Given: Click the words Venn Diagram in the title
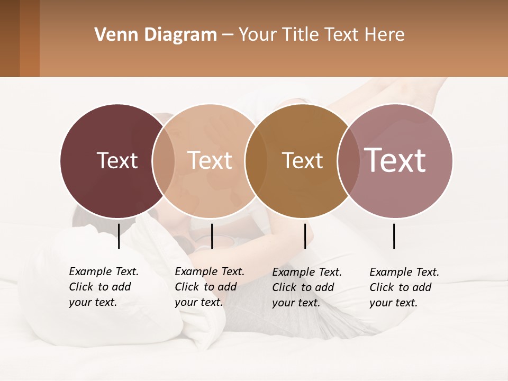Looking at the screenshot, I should click(x=156, y=35).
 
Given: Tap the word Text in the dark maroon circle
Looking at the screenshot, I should click(x=117, y=160).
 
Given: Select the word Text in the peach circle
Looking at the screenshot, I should click(x=210, y=160).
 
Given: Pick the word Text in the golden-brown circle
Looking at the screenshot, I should click(x=302, y=160).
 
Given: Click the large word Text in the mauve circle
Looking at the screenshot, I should click(x=395, y=160).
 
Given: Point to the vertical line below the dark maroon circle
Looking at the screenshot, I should click(x=119, y=236).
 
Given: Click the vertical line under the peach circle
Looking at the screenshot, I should click(x=212, y=236).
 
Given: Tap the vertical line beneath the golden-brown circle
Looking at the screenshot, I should click(x=305, y=236).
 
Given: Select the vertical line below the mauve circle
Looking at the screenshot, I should click(x=394, y=236).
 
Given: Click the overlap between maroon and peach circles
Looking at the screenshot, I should click(x=164, y=160).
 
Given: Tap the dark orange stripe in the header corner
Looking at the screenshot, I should click(x=30, y=38).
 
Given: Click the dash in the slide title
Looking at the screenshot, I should click(x=228, y=35).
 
